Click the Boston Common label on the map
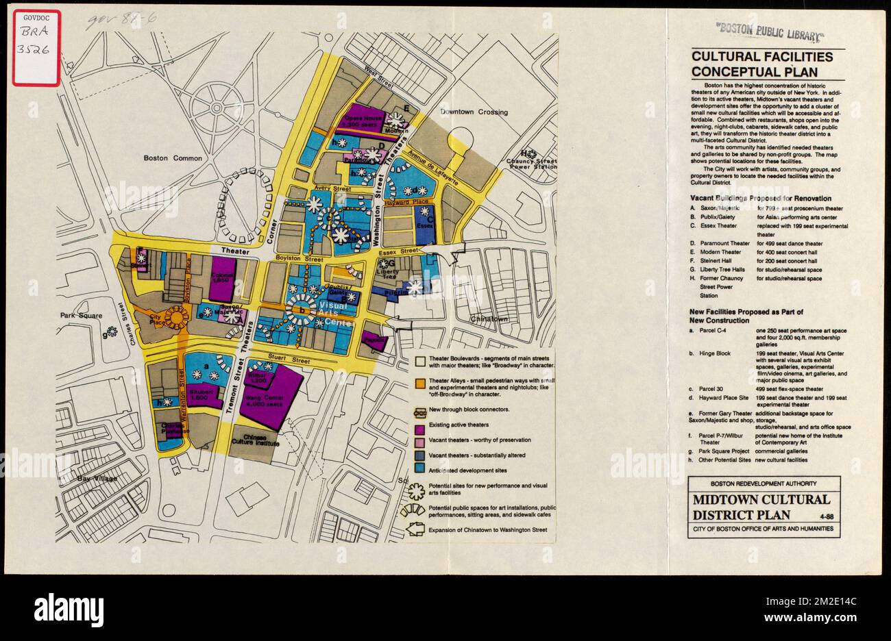coord(173,158)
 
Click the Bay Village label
coord(97,478)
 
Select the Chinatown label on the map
coord(489,319)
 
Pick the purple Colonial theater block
coord(222,277)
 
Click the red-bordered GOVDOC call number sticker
coord(36,48)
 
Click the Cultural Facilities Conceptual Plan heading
coord(761,64)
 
